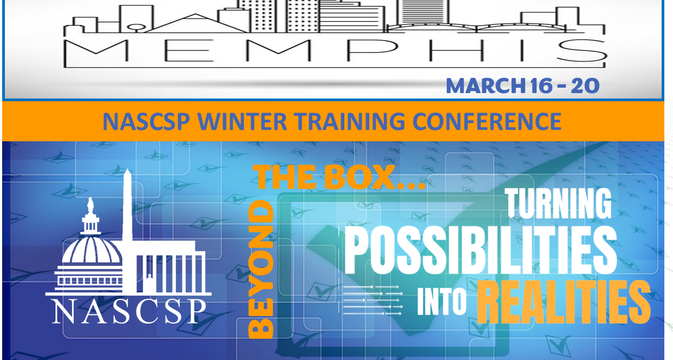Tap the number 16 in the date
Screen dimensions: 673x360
coord(541,86)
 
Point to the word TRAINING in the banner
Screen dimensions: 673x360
coord(349,121)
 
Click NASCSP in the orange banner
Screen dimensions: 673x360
coord(146,121)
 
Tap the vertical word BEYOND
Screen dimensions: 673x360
coord(261,269)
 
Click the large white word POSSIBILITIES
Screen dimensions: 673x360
coord(480,250)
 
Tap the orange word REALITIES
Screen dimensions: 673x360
coord(564,302)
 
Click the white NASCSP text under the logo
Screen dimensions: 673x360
coord(129,311)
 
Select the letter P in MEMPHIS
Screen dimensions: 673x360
coord(373,50)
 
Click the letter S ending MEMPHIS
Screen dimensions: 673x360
coord(581,50)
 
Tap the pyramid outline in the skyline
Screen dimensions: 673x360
coord(196,23)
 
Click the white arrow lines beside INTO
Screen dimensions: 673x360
coord(373,300)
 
